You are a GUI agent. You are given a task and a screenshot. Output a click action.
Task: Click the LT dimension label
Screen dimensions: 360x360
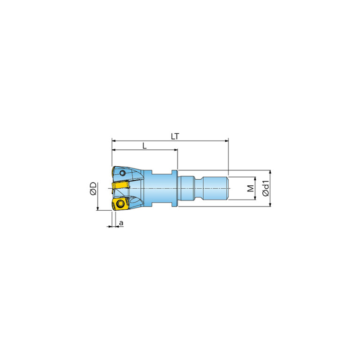click(x=175, y=137)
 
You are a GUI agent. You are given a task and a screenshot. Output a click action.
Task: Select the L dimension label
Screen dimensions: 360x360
click(x=145, y=146)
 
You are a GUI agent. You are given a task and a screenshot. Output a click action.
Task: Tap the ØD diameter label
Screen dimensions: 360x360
click(x=93, y=189)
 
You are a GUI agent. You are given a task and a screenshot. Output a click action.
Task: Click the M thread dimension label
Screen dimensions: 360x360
click(x=251, y=188)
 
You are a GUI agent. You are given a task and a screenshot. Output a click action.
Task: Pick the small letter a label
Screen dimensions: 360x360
click(x=121, y=222)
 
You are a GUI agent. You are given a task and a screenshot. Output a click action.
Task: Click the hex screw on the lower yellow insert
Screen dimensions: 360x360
click(x=120, y=203)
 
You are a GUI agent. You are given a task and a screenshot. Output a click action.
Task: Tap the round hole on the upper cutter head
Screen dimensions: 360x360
click(x=123, y=173)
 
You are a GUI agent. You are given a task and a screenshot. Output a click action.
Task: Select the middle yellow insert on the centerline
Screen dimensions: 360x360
click(x=120, y=185)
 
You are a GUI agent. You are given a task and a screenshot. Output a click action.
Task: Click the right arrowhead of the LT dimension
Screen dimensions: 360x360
click(x=227, y=140)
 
